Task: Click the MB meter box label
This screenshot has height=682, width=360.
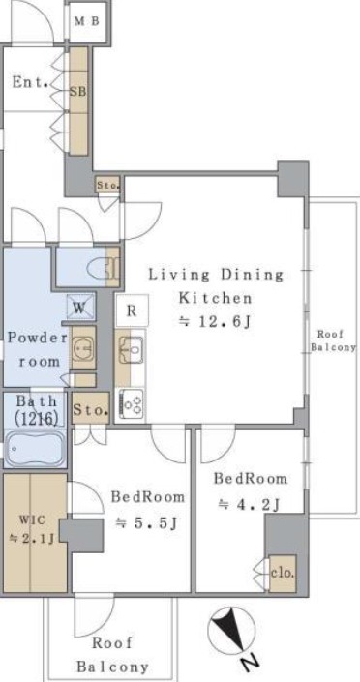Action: [87, 21]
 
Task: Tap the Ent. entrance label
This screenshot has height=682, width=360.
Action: [30, 82]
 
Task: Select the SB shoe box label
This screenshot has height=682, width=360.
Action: [78, 92]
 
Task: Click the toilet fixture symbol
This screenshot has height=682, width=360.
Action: [102, 267]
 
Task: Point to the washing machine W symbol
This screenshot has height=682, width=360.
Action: [80, 307]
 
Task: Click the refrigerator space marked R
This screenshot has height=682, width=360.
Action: [132, 311]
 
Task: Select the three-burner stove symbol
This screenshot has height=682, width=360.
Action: [131, 404]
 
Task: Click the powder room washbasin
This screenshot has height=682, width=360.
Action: [82, 347]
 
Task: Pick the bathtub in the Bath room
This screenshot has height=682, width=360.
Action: [34, 449]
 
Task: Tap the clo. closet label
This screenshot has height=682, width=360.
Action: [283, 573]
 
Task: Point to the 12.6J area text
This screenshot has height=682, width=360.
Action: [216, 322]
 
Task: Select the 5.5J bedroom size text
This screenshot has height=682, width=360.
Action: [147, 523]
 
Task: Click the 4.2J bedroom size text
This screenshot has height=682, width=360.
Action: [249, 504]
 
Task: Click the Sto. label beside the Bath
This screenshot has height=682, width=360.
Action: [91, 410]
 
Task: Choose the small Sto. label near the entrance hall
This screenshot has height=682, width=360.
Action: [108, 186]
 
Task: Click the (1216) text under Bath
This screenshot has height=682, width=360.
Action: [36, 419]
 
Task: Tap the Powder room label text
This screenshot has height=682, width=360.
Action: [39, 349]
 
